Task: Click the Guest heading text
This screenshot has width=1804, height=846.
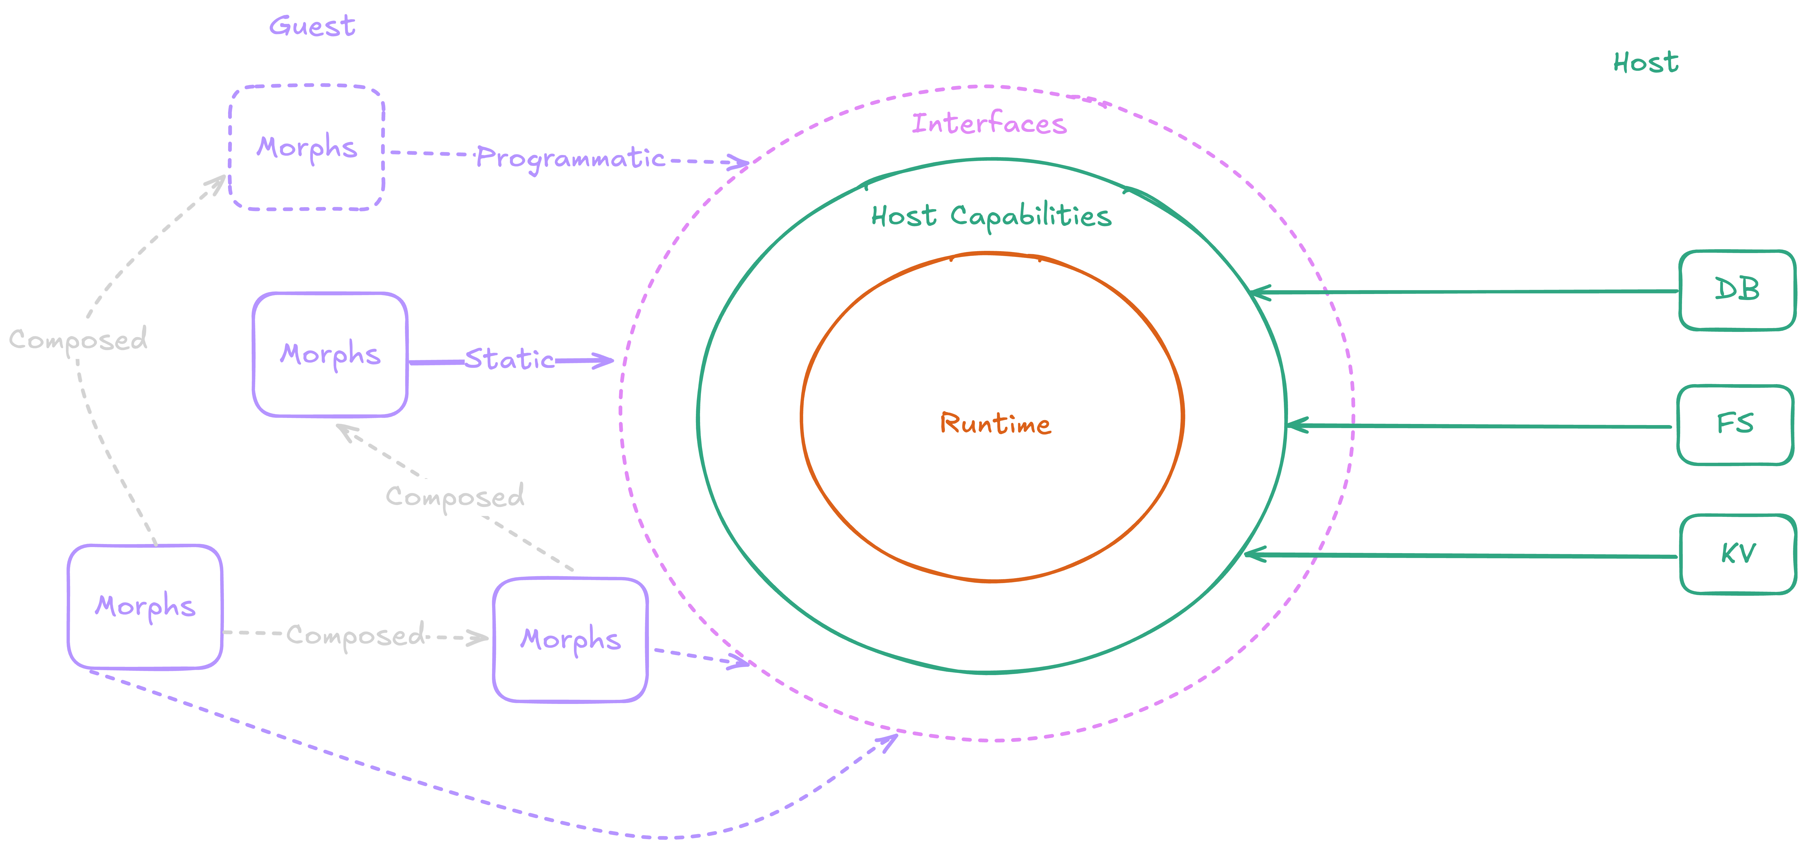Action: point(312,27)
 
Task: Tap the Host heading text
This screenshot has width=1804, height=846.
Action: point(1646,63)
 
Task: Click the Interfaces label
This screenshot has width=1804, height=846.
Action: point(989,124)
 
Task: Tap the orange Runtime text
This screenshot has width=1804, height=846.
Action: point(995,424)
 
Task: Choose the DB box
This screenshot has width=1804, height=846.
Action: point(1737,289)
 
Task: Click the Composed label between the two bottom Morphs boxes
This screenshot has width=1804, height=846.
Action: point(356,635)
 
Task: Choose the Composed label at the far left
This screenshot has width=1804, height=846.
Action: point(78,340)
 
